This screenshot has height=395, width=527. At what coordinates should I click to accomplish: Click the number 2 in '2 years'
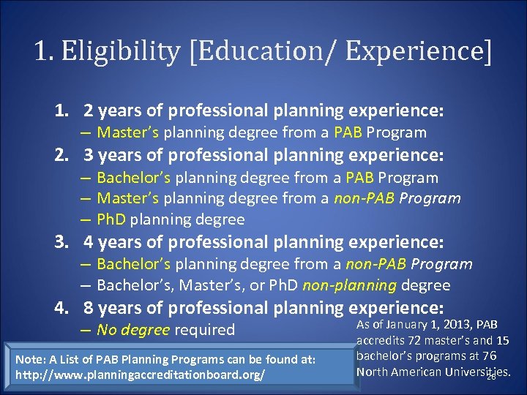coord(88,110)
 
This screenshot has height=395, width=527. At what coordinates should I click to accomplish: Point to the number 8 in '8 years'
coord(89,308)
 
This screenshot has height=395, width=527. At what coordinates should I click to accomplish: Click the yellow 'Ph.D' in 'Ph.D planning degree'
coord(112,219)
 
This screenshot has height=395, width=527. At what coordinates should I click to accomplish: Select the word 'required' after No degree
coord(206,330)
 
